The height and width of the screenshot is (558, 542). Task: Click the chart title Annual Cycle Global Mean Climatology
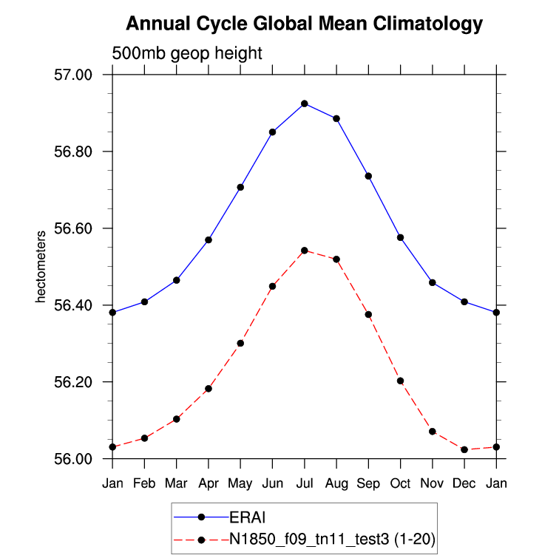tap(304, 24)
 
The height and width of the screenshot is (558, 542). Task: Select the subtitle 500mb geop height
tap(187, 54)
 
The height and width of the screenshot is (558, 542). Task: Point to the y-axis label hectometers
tap(41, 267)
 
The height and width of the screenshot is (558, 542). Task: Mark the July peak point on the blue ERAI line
tap(305, 103)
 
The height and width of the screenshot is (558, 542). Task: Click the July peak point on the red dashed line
tap(305, 251)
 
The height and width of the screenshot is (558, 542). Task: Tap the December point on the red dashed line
tap(464, 449)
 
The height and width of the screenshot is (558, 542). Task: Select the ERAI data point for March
tap(177, 280)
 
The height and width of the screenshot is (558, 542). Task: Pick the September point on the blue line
tap(368, 176)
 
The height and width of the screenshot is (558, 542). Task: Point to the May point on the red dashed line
tap(240, 343)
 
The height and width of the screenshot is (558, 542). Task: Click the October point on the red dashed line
tap(401, 381)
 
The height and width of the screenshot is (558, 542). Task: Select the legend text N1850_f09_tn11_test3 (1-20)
tap(331, 541)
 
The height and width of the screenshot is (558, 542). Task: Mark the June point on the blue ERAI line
tap(272, 132)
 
